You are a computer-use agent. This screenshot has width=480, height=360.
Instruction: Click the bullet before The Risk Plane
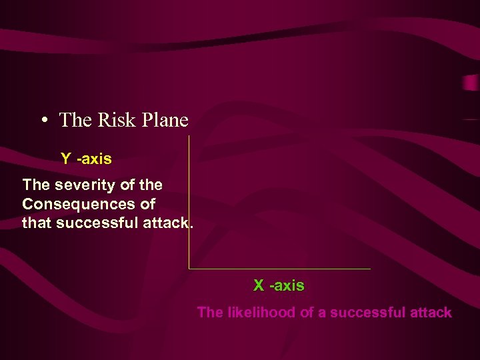pyautogui.click(x=43, y=121)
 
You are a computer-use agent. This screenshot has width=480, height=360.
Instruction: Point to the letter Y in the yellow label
pyautogui.click(x=66, y=159)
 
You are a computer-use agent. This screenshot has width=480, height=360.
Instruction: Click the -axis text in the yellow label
pyautogui.click(x=94, y=159)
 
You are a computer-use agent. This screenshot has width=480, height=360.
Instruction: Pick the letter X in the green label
pyautogui.click(x=259, y=286)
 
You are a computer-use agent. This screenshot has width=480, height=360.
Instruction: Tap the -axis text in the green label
pyautogui.click(x=287, y=286)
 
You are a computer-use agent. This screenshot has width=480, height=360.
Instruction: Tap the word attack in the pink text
pyautogui.click(x=431, y=312)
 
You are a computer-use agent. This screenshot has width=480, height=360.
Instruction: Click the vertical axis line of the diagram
pyautogui.click(x=189, y=200)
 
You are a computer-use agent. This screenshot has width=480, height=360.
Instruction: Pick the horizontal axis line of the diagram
pyautogui.click(x=280, y=269)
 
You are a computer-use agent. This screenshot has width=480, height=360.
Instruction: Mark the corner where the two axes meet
pyautogui.click(x=189, y=269)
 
